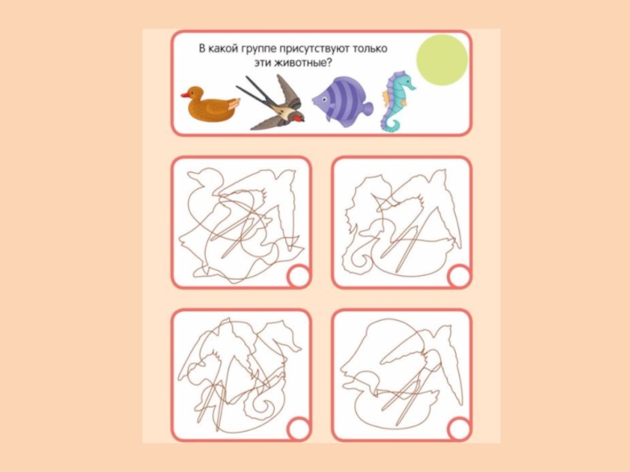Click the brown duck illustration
tap(210, 104)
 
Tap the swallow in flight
tap(273, 105)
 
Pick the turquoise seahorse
tap(397, 101)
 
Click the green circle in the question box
tap(443, 60)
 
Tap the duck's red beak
tap(184, 95)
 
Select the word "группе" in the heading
tap(254, 50)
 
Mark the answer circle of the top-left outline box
tap(299, 276)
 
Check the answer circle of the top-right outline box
tap(459, 276)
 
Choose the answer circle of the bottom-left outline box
tap(299, 429)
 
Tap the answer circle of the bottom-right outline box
tap(459, 429)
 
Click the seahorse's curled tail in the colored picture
tap(391, 124)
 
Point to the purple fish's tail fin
tap(366, 109)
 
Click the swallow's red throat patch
tap(297, 118)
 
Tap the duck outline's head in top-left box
tap(205, 177)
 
